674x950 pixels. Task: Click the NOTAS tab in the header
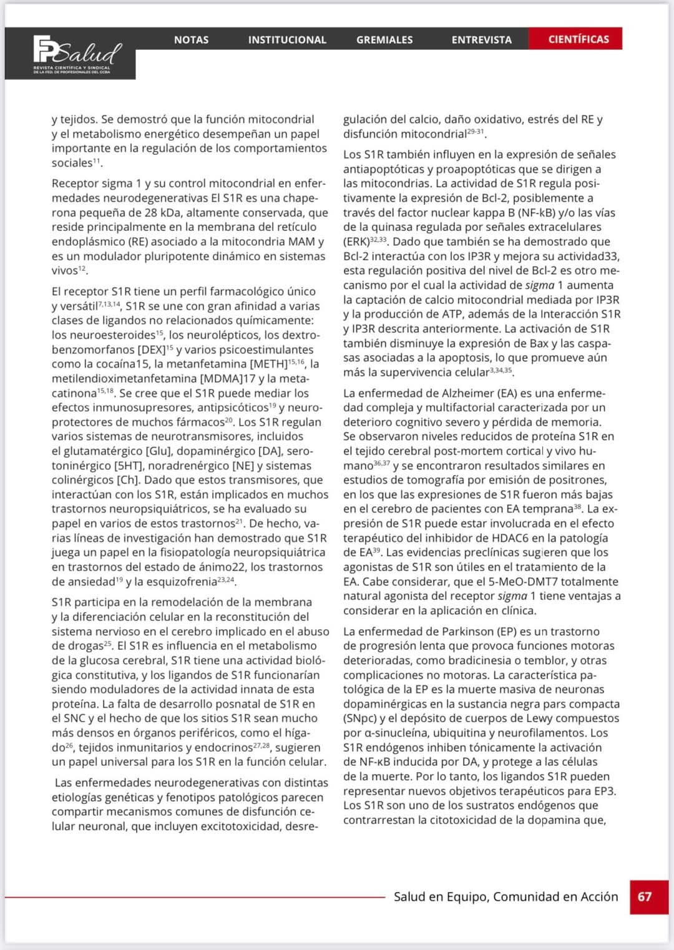point(191,39)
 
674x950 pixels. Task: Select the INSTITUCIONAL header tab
point(287,40)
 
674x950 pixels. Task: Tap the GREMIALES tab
point(384,40)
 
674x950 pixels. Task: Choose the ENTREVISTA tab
point(481,40)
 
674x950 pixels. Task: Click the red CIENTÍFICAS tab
point(579,39)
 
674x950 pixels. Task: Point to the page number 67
point(645,897)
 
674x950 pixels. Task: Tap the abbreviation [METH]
point(268,365)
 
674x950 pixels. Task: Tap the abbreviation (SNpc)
point(360,718)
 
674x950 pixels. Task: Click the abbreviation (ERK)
point(356,242)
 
